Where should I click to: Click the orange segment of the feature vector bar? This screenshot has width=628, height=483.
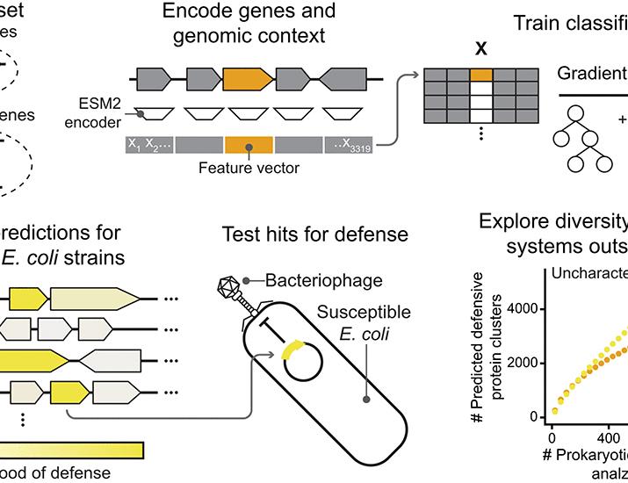(x=249, y=144)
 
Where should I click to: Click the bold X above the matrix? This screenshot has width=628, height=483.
(x=480, y=50)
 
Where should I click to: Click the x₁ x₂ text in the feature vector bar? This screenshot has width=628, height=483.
(x=147, y=144)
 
